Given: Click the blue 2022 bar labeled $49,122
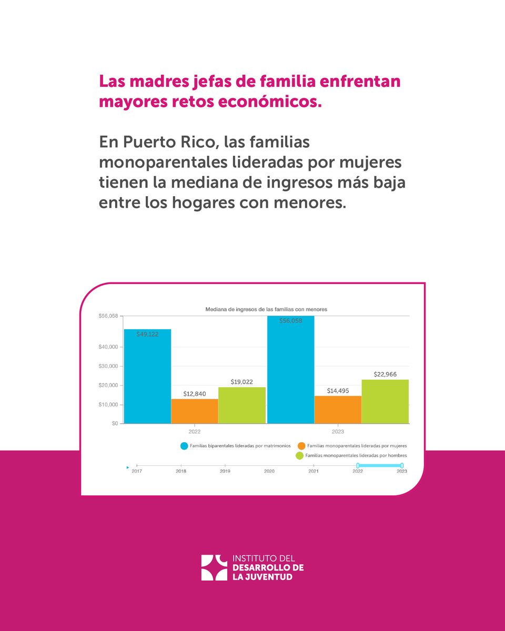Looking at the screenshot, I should pos(147,376).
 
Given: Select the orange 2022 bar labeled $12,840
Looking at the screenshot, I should pos(195,411).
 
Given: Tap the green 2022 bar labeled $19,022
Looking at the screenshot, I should pos(242,405).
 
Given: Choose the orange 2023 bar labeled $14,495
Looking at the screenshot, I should pos(338,410).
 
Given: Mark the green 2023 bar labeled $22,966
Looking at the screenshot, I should pos(385,401).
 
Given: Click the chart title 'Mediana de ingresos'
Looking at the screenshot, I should pos(266,310).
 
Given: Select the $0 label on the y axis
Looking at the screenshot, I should pos(114,423).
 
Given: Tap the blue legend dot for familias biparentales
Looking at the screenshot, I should pos(184,446).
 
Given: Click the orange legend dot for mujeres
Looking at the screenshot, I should pos(301,446).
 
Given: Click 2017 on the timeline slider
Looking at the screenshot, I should pos(137,471).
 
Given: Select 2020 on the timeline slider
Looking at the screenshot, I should pos(269,471).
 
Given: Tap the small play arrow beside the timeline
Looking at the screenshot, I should pos(127,466).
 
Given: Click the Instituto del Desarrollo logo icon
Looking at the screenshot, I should pos(214,567).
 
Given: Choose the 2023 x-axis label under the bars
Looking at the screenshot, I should pos(338,432).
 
